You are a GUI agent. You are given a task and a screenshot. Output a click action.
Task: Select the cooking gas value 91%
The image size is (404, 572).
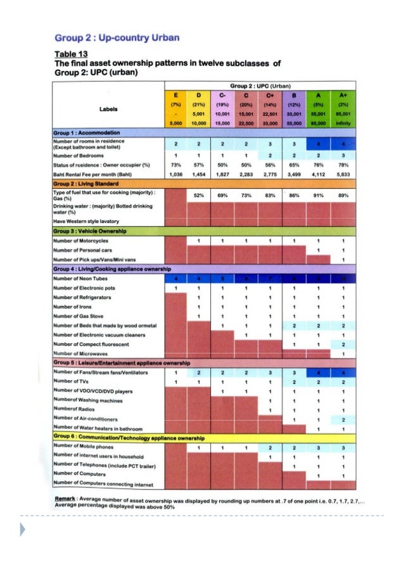(318, 196)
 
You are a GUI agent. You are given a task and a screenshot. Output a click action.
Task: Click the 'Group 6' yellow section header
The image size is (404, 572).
(129, 438)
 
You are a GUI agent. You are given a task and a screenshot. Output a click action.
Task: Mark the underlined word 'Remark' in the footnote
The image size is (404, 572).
(66, 500)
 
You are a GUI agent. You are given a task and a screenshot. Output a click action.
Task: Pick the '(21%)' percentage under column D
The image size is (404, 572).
(199, 103)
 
